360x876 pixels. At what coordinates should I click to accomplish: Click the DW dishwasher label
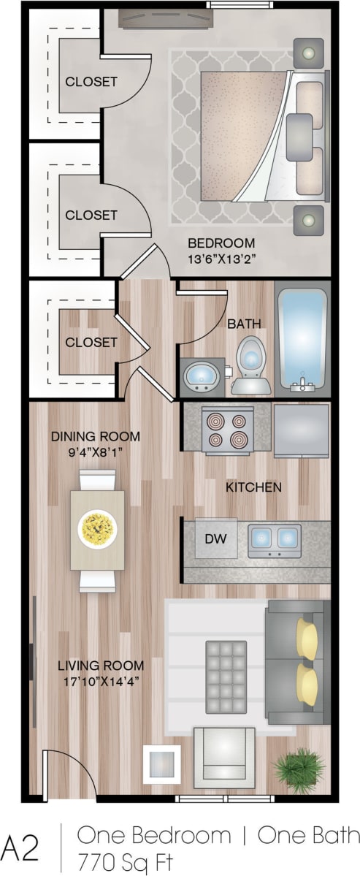(215, 540)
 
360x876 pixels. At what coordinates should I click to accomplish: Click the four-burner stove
(227, 430)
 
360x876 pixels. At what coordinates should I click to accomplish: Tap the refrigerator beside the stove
(301, 430)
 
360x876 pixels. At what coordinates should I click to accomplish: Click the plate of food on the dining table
(97, 525)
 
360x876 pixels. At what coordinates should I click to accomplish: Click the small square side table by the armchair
(161, 763)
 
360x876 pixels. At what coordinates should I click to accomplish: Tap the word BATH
(244, 324)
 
